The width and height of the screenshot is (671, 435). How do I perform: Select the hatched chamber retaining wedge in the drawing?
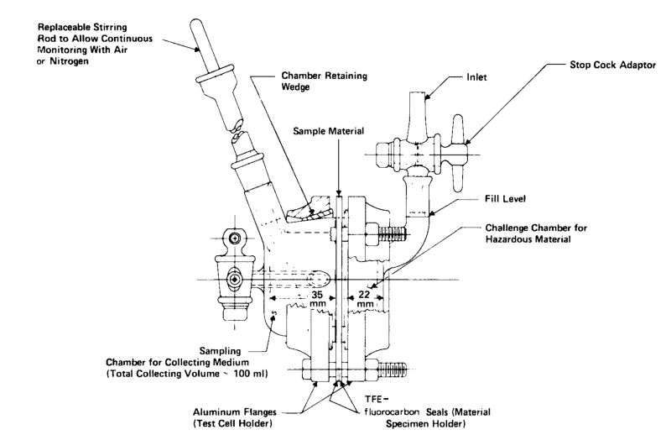[311, 204]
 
